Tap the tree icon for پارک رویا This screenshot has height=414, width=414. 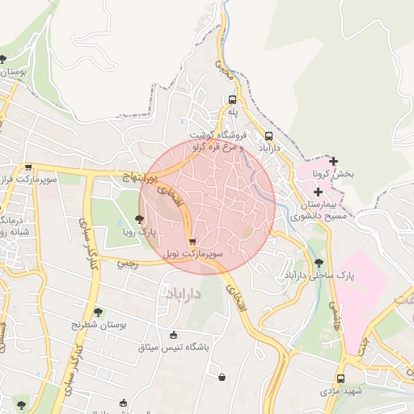point(139,219)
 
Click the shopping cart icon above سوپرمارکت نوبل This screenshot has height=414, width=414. point(192,241)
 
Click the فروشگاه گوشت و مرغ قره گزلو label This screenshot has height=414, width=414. point(218,141)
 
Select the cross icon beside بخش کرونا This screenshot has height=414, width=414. point(332,161)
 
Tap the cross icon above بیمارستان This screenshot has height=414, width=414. point(318,192)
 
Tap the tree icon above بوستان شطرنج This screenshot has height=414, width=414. point(99,311)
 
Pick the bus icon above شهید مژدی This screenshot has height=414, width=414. point(340,378)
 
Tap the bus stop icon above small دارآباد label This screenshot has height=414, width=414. point(268,136)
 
